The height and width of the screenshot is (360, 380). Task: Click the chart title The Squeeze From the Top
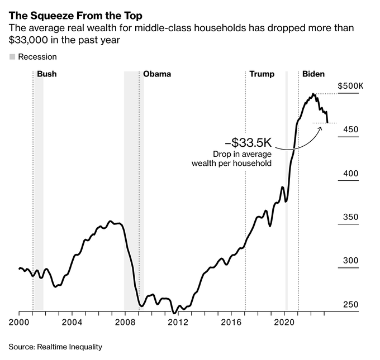tap(75, 16)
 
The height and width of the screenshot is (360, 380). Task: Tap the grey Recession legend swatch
tap(12, 57)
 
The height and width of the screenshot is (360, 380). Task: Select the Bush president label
tap(46, 74)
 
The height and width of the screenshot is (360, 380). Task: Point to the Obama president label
tap(157, 74)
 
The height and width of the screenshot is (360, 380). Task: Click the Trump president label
tap(262, 74)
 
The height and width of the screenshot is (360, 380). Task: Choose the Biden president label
tap(313, 74)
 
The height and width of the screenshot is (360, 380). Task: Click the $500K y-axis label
tap(350, 87)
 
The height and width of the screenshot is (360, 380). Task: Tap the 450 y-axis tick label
tap(350, 129)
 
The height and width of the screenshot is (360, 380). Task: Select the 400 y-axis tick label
tap(350, 174)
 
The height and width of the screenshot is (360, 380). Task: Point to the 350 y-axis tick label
tap(350, 217)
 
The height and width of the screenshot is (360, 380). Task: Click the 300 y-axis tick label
tap(350, 261)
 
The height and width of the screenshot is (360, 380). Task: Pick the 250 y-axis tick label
tap(350, 304)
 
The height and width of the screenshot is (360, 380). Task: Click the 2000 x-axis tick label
tap(20, 321)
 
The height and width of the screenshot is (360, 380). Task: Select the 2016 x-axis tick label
tap(231, 321)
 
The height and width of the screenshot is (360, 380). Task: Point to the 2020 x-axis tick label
tap(284, 321)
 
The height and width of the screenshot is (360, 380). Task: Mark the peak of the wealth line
tap(314, 94)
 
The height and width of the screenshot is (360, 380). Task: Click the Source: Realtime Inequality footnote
tap(55, 347)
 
